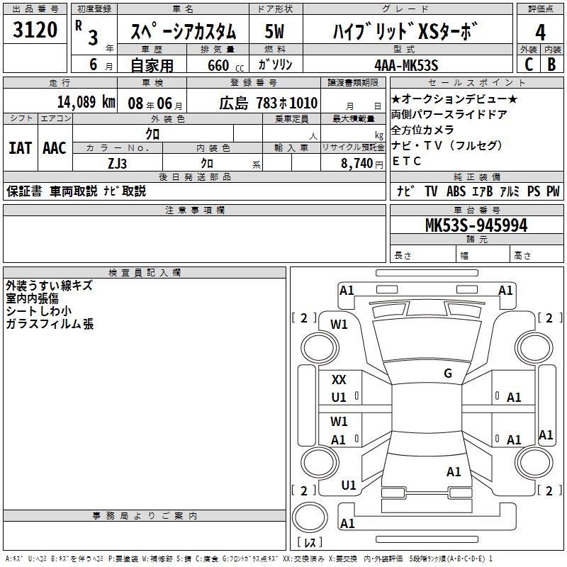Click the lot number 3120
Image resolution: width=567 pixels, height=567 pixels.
pos(35,30)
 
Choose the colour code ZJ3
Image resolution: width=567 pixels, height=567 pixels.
pos(118,162)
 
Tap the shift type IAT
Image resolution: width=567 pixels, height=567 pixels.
pos(20,148)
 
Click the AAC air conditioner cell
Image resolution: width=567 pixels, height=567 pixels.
pos(55,148)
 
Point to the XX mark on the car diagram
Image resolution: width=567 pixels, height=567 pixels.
pos(339,380)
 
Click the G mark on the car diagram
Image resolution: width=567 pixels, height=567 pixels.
pos(447,374)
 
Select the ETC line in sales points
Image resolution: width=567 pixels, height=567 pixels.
pos(407,161)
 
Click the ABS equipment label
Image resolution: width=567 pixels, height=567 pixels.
pos(456,191)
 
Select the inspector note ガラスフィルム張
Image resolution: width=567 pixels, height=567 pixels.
pos(49,325)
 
